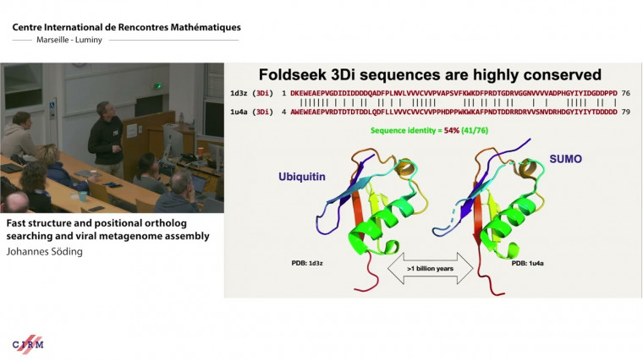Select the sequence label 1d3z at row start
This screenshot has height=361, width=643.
click(239, 92)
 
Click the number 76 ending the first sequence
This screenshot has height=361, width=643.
click(624, 92)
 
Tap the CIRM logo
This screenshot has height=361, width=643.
click(28, 344)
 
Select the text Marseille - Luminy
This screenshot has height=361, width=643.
click(60, 41)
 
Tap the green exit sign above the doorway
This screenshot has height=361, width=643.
click(158, 86)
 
